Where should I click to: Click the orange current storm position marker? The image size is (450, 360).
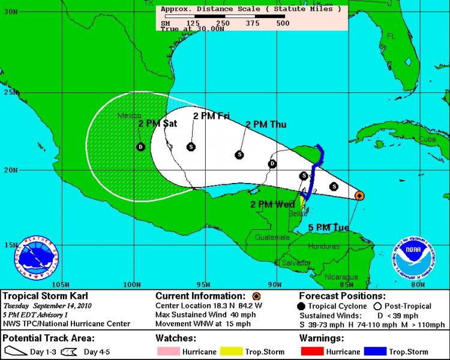[x=359, y=195]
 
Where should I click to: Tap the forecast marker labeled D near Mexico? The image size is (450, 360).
[x=140, y=146]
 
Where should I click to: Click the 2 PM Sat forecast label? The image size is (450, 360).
[x=157, y=124]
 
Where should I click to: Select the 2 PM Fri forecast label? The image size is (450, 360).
[x=211, y=116]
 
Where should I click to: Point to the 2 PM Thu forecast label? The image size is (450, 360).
[x=265, y=124]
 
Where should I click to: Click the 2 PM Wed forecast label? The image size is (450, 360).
[x=272, y=205]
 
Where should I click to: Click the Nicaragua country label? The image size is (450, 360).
[x=341, y=277]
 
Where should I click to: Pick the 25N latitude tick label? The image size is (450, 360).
[x=9, y=93]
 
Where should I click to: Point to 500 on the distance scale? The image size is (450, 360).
[x=283, y=23]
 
